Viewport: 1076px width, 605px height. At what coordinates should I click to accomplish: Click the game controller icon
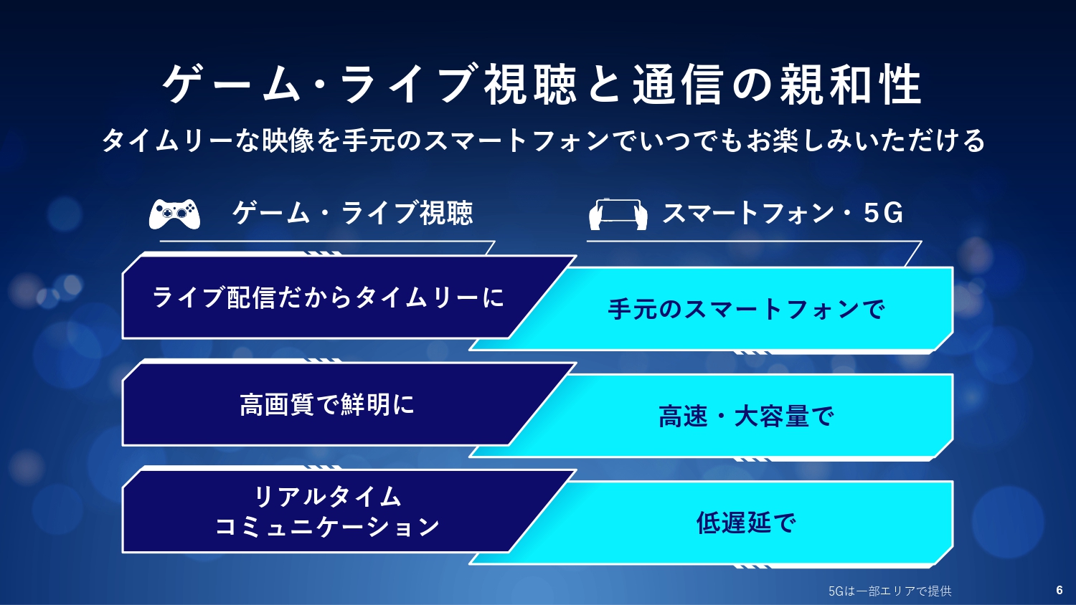(x=174, y=214)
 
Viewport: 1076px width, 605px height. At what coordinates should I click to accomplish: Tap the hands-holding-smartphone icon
(x=618, y=214)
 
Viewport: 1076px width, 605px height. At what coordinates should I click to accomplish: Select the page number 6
(x=1060, y=590)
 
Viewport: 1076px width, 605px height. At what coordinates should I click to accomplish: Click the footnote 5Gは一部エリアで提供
(x=889, y=591)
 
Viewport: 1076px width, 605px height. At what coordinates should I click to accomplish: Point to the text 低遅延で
(x=746, y=523)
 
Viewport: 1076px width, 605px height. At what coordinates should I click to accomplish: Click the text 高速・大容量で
(x=746, y=416)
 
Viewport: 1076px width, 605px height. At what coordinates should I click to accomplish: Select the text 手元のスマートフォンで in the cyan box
(x=746, y=309)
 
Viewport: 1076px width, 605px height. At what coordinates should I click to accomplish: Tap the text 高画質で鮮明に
(x=326, y=404)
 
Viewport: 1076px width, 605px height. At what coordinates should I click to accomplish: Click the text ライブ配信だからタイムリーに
(x=328, y=297)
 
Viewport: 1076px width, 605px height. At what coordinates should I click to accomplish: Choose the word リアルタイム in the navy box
(x=327, y=497)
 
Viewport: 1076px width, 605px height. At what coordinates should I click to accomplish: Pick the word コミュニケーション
(x=327, y=526)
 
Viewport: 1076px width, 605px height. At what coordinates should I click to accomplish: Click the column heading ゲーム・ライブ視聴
(x=353, y=213)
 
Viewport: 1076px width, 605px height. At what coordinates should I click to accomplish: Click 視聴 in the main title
(x=530, y=85)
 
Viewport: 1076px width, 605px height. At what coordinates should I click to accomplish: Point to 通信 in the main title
(x=677, y=85)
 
